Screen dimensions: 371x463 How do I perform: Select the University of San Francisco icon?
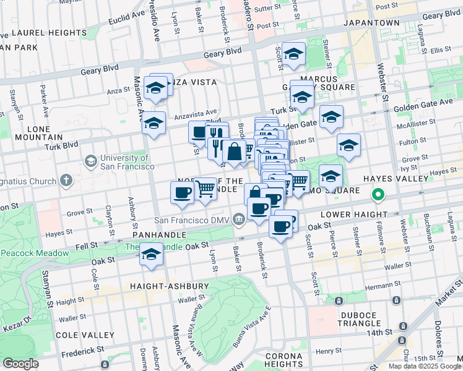pos(90,161)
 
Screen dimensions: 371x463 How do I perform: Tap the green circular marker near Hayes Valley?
pos(379,197)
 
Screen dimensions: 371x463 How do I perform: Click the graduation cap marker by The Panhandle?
pos(150,254)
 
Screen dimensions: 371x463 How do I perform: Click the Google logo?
pos(21,364)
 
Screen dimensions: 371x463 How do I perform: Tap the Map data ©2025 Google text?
pos(425,366)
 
